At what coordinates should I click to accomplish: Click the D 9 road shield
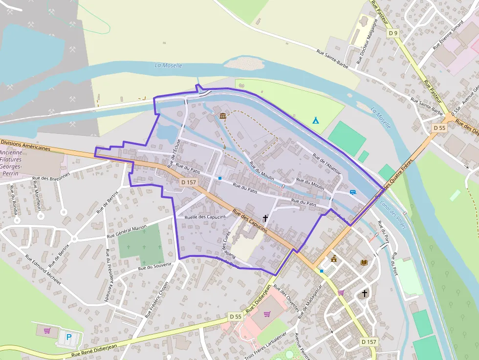(x=393, y=33)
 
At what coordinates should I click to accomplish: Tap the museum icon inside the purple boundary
(x=223, y=116)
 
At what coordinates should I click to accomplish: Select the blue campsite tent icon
(x=316, y=120)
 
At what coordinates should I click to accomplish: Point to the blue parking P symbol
(x=68, y=337)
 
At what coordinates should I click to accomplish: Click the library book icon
(x=364, y=262)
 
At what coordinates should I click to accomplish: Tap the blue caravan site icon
(x=352, y=192)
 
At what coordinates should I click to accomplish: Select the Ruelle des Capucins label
(x=205, y=217)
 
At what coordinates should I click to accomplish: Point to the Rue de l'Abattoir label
(x=326, y=168)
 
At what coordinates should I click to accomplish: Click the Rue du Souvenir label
(x=155, y=267)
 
